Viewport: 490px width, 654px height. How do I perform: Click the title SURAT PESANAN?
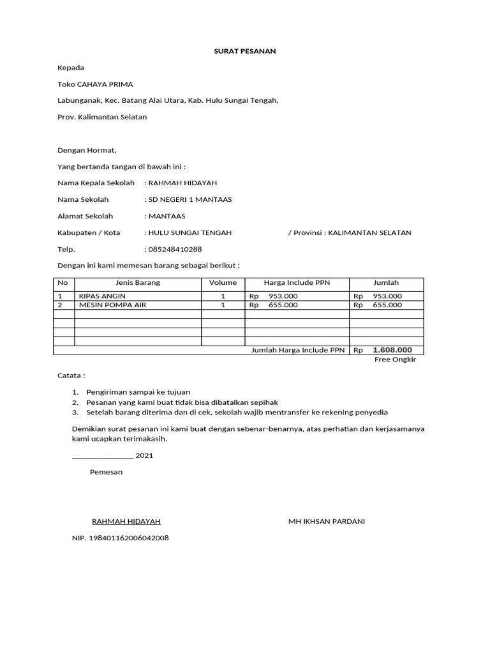tap(245, 51)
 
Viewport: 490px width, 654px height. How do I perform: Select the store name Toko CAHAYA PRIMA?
tap(95, 84)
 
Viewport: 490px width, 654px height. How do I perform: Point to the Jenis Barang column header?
tap(138, 282)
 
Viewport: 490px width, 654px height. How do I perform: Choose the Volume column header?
tap(223, 282)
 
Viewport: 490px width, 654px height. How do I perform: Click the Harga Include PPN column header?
tap(297, 282)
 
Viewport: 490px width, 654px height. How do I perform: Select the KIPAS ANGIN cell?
tap(102, 296)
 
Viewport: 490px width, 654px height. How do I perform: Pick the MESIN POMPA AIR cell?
tap(112, 305)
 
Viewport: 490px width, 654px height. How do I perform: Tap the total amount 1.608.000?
tap(392, 350)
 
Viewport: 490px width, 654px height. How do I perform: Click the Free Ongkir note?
tap(395, 360)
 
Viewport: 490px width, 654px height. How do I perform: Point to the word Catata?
tap(71, 376)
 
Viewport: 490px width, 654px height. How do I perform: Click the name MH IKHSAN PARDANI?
tap(327, 521)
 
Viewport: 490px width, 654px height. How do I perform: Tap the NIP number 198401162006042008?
tap(121, 538)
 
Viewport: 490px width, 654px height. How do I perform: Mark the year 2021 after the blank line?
tap(144, 455)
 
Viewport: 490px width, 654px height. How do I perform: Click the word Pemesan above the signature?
tap(106, 472)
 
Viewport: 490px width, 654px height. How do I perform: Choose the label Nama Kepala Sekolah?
tap(96, 183)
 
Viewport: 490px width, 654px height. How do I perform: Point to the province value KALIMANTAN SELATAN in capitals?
tap(369, 232)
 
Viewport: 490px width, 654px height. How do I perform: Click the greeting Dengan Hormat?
tap(87, 150)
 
